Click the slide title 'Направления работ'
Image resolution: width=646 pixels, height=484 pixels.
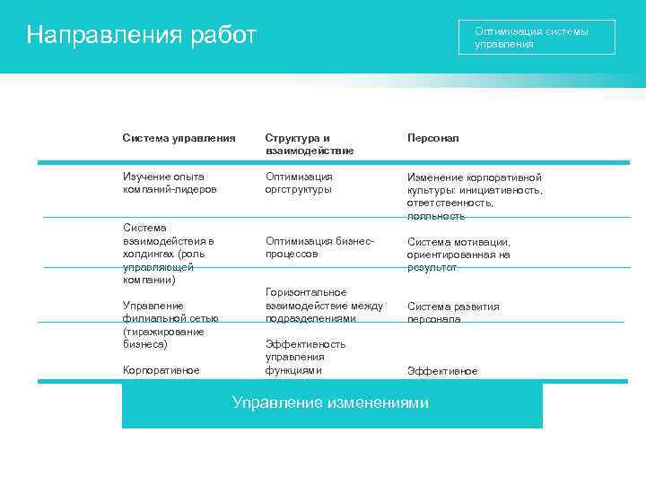click(142, 35)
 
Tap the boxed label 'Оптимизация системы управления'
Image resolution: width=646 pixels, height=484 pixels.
click(536, 38)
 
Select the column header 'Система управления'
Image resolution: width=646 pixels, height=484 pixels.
click(179, 139)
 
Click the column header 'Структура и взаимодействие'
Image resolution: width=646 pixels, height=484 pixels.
click(309, 144)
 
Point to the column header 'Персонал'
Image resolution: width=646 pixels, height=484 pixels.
click(432, 139)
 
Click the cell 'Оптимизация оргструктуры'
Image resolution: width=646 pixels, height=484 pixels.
click(299, 183)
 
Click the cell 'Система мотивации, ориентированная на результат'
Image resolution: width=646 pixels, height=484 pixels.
click(458, 255)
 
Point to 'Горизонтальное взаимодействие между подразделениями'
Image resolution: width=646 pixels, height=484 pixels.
click(324, 306)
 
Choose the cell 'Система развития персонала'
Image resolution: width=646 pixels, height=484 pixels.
click(453, 312)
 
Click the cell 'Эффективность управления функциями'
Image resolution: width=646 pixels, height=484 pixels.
click(305, 357)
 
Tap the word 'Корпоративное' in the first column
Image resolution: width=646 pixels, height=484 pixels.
click(161, 370)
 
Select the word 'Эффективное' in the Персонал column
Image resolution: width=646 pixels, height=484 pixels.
click(442, 371)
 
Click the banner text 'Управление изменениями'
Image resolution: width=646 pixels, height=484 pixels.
click(330, 403)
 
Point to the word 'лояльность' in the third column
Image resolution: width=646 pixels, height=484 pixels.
click(436, 216)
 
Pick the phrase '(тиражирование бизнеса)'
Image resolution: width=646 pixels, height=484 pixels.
click(162, 338)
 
